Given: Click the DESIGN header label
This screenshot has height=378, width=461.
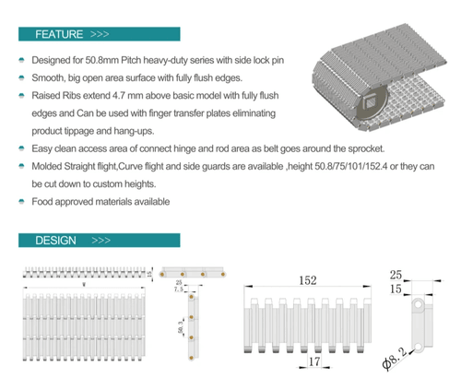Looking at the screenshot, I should [56, 240].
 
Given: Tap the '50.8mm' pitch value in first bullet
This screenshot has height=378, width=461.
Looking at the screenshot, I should [107, 60].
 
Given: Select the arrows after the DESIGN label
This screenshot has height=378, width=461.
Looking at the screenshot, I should [100, 240].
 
